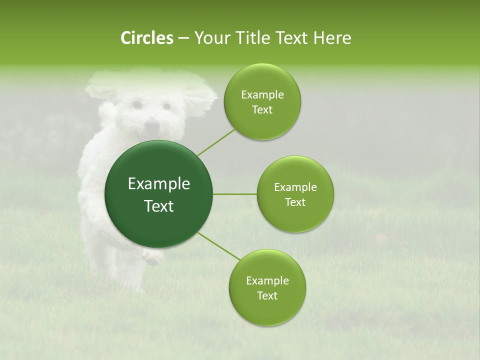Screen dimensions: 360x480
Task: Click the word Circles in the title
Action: (146, 38)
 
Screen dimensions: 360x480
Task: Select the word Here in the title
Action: (332, 38)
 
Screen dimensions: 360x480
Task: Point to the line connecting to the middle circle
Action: (235, 194)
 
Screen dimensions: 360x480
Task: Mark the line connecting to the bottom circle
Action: (219, 246)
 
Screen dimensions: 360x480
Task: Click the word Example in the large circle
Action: (159, 184)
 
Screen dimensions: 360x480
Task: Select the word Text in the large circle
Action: (159, 206)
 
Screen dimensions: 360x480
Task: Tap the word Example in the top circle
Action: (262, 95)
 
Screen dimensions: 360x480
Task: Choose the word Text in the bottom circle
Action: (267, 295)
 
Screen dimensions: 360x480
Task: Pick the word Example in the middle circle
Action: (295, 187)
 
